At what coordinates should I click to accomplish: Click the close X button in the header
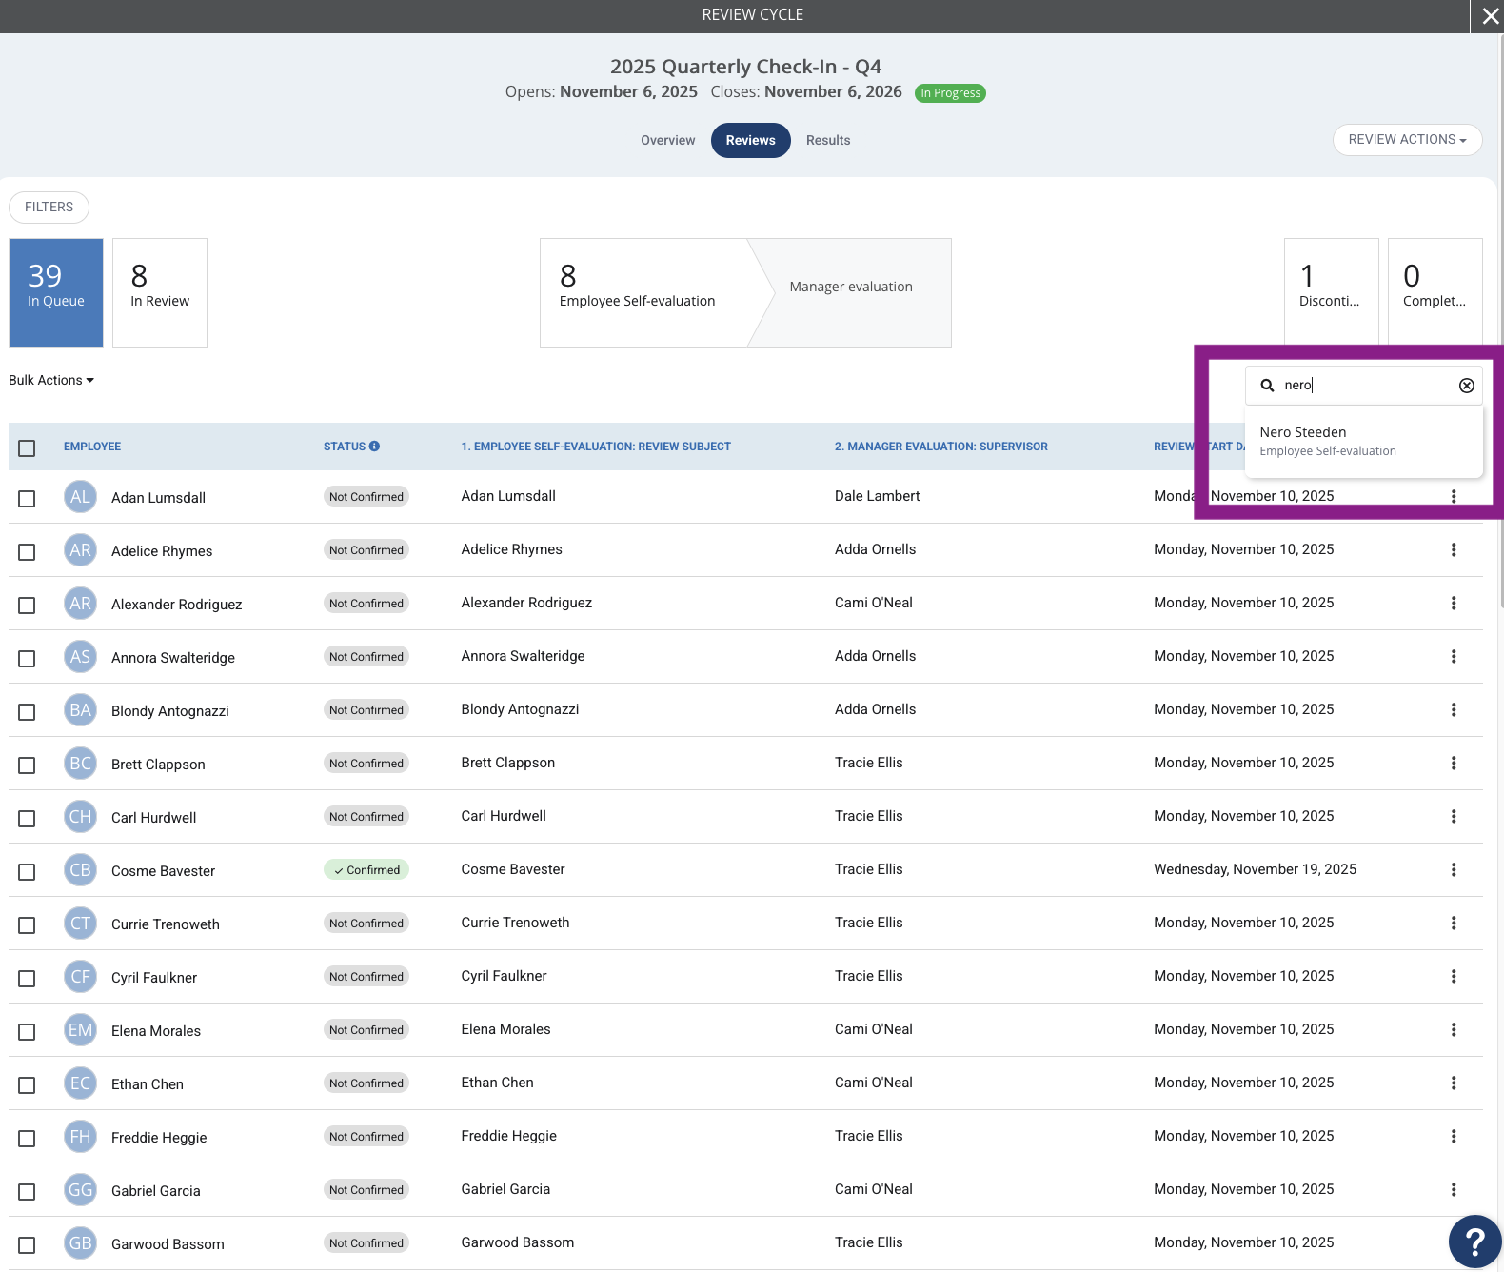[x=1489, y=16]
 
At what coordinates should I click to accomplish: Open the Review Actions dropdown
[x=1407, y=140]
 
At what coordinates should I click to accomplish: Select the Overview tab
[x=667, y=141]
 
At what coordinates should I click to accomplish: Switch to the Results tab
[x=827, y=141]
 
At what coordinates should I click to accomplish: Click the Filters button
[x=49, y=208]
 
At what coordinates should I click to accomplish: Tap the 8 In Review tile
[x=159, y=292]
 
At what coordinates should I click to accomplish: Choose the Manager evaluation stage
[x=851, y=287]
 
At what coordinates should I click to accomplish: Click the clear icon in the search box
[x=1466, y=386]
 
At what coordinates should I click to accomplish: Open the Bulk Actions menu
[x=51, y=381]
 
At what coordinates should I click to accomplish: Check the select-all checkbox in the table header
[x=27, y=448]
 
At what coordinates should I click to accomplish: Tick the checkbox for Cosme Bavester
[x=27, y=872]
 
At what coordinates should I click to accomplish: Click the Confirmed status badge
[x=366, y=870]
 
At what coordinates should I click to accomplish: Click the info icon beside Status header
[x=374, y=447]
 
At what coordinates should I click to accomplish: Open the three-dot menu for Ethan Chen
[x=1453, y=1083]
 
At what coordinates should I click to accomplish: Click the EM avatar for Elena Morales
[x=80, y=1030]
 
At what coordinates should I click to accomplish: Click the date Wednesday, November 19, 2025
[x=1255, y=869]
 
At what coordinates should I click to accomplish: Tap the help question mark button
[x=1474, y=1242]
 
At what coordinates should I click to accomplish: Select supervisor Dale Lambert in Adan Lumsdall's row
[x=877, y=496]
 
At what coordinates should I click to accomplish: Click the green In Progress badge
[x=950, y=93]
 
